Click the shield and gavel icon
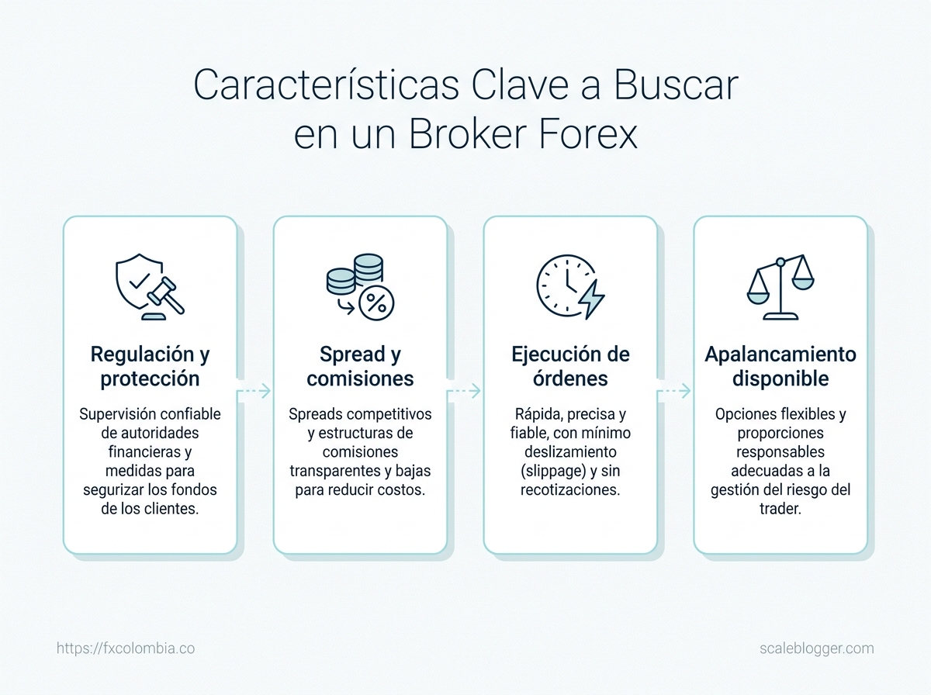click(x=150, y=287)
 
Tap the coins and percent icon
click(x=360, y=287)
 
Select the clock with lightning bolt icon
click(x=570, y=287)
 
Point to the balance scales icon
click(x=780, y=287)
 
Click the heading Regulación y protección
click(x=150, y=366)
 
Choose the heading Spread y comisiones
click(x=360, y=366)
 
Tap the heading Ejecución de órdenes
click(x=570, y=366)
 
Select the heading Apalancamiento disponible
click(x=780, y=366)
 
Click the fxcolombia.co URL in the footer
click(x=126, y=648)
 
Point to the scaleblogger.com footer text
click(x=816, y=648)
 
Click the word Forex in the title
click(x=588, y=134)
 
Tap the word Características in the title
click(x=326, y=85)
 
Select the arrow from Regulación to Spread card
click(x=254, y=390)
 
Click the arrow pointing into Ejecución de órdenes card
click(x=465, y=390)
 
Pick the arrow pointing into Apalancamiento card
click(x=674, y=390)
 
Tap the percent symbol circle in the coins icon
click(x=376, y=303)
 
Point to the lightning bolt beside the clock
click(x=592, y=299)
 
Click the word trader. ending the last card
click(x=780, y=508)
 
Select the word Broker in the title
click(x=467, y=134)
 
